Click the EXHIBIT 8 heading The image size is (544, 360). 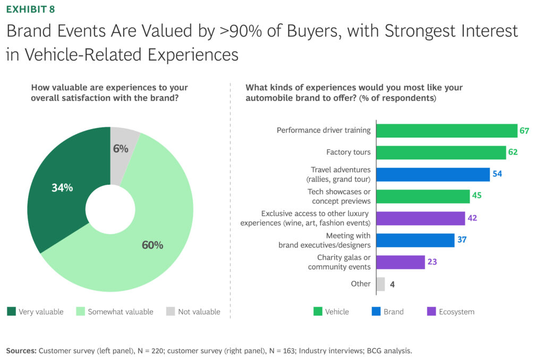pyautogui.click(x=30, y=9)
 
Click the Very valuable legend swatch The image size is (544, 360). pyautogui.click(x=11, y=312)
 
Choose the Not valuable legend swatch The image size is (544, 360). pyautogui.click(x=170, y=312)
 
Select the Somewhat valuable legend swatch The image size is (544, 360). pyautogui.click(x=81, y=312)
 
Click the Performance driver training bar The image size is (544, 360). pyautogui.click(x=447, y=131)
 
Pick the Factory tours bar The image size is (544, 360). pyautogui.click(x=441, y=152)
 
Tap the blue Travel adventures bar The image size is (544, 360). pyautogui.click(x=433, y=175)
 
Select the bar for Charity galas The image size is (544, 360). pyautogui.click(x=401, y=262)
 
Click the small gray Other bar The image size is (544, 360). pyautogui.click(x=380, y=284)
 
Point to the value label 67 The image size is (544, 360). pyautogui.click(x=524, y=131)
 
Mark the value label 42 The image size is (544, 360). pyautogui.click(x=473, y=218)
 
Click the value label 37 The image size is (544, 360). pyautogui.click(x=462, y=240)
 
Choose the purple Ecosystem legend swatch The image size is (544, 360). pyautogui.click(x=430, y=312)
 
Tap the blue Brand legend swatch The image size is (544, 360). pyautogui.click(x=375, y=312)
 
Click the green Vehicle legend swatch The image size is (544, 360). pyautogui.click(x=318, y=312)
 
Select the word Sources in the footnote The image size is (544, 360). pyautogui.click(x=21, y=351)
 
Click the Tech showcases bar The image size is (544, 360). pyautogui.click(x=423, y=196)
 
